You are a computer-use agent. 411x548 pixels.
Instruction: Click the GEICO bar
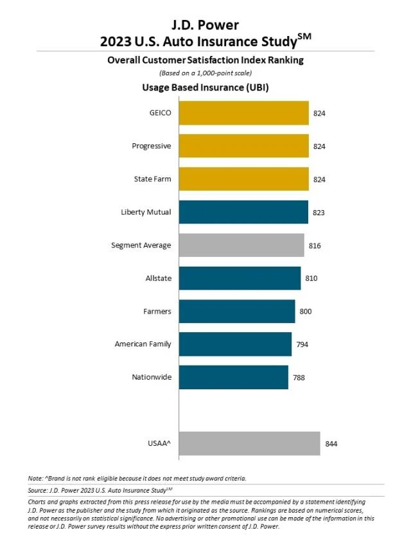(x=243, y=113)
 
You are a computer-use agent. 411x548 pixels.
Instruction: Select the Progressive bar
(x=243, y=146)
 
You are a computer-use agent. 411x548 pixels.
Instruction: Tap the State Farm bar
(x=243, y=179)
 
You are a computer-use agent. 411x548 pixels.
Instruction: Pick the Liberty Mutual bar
(x=243, y=212)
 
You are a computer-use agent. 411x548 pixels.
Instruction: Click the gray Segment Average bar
(x=241, y=245)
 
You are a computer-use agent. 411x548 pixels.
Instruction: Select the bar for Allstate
(x=240, y=278)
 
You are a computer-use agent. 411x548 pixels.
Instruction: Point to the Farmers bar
(x=237, y=311)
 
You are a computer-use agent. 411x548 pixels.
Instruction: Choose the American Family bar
(x=235, y=344)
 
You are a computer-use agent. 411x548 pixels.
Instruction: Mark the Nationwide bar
(x=233, y=377)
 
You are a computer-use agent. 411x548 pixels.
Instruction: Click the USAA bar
(x=249, y=443)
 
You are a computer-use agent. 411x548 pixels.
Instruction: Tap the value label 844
(x=331, y=444)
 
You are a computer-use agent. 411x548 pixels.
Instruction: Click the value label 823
(x=320, y=213)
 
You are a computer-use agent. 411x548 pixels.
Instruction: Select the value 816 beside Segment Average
(x=315, y=245)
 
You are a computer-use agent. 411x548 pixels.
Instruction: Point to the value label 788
(x=299, y=378)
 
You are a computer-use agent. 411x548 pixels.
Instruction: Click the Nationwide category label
(x=152, y=377)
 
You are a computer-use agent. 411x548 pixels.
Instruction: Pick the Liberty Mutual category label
(x=146, y=212)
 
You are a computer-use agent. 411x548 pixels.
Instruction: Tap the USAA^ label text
(x=159, y=443)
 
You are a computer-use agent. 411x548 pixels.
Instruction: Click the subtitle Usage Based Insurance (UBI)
(x=205, y=87)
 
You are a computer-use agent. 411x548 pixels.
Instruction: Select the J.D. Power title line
(x=205, y=26)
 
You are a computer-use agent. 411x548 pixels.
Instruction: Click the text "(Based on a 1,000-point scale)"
(x=205, y=73)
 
